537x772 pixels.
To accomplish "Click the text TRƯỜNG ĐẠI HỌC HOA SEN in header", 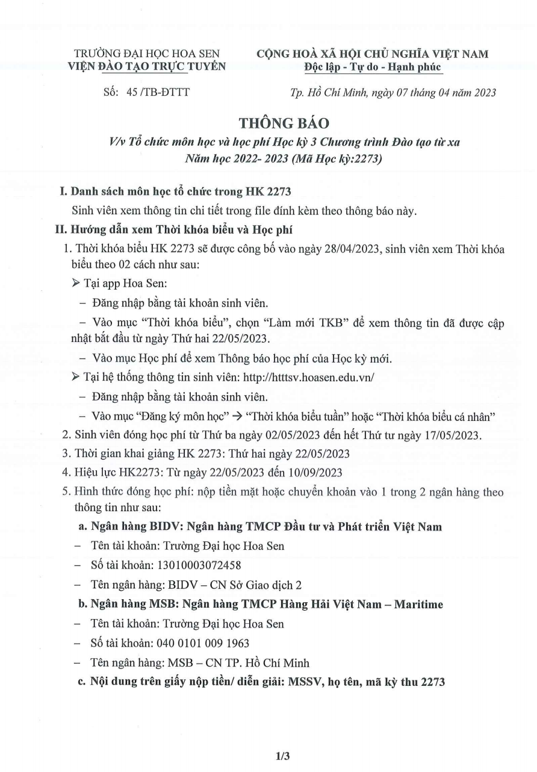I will click(146, 54).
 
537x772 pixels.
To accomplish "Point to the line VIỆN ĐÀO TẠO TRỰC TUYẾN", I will click(149, 66).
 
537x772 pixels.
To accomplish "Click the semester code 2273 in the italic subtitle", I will click(367, 160).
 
